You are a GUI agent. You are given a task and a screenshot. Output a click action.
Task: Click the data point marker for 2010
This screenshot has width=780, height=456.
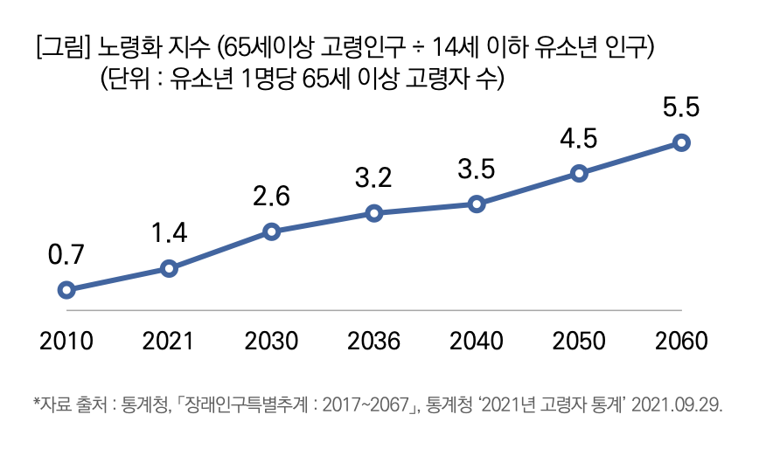[66, 290]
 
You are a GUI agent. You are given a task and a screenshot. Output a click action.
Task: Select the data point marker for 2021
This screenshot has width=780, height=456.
[170, 268]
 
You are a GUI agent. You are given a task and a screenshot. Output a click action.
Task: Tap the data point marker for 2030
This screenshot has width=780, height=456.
[271, 231]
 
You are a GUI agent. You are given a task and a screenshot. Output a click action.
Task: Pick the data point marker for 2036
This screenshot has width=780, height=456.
[374, 213]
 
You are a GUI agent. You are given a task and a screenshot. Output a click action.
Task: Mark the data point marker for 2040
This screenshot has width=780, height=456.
[477, 204]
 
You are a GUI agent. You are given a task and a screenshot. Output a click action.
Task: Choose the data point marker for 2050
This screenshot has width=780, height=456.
[579, 173]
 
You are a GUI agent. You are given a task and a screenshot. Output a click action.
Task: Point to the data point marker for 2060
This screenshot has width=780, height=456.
[682, 142]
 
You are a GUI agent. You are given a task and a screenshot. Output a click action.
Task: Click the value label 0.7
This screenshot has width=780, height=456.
[66, 255]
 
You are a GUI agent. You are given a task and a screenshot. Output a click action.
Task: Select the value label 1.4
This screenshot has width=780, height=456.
[169, 233]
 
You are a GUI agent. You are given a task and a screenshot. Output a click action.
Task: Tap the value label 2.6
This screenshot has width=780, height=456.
[271, 197]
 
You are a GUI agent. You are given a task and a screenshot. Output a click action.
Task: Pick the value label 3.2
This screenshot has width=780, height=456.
[374, 178]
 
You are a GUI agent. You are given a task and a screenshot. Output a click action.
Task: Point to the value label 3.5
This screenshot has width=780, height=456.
[477, 169]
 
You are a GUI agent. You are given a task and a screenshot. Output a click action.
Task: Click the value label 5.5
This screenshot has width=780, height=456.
[681, 108]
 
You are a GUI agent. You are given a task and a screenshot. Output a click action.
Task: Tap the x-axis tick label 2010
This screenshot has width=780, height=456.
[66, 340]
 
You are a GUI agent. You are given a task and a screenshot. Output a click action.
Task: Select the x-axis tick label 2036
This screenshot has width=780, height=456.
[374, 340]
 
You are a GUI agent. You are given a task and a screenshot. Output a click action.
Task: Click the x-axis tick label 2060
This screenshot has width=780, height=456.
[682, 340]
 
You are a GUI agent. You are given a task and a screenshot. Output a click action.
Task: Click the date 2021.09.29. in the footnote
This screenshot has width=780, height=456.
[678, 404]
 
